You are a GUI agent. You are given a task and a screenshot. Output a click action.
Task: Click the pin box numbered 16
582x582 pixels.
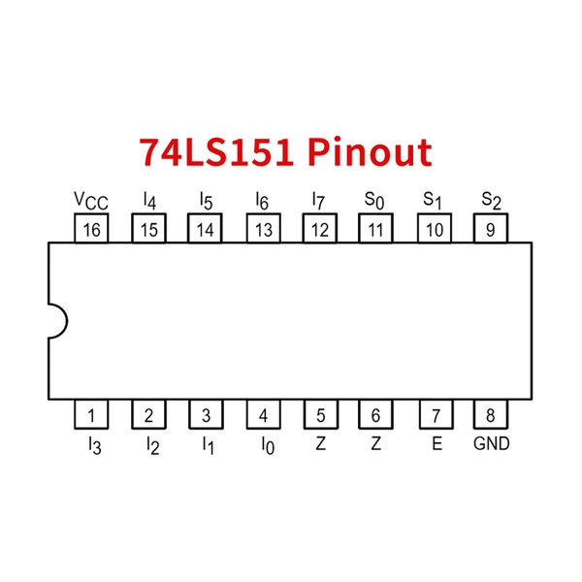(92, 230)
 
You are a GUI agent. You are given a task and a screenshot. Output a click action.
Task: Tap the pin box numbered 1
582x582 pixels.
(92, 416)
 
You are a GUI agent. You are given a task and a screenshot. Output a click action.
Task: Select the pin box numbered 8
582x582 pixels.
(491, 416)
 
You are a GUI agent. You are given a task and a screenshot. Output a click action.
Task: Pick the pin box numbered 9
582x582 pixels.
(491, 230)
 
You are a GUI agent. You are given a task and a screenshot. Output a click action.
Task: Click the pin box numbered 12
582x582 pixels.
(320, 230)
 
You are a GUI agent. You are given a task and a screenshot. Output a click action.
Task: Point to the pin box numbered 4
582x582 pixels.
(263, 416)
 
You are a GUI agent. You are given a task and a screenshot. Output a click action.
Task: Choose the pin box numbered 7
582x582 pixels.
(436, 416)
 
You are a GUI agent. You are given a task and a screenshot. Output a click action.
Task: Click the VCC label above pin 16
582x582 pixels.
(91, 200)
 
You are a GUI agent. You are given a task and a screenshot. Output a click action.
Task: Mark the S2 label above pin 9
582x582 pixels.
(491, 200)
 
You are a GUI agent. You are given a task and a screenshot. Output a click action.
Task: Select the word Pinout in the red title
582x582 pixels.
(370, 153)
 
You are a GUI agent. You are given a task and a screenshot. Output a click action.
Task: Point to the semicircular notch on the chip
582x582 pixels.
(56, 322)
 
